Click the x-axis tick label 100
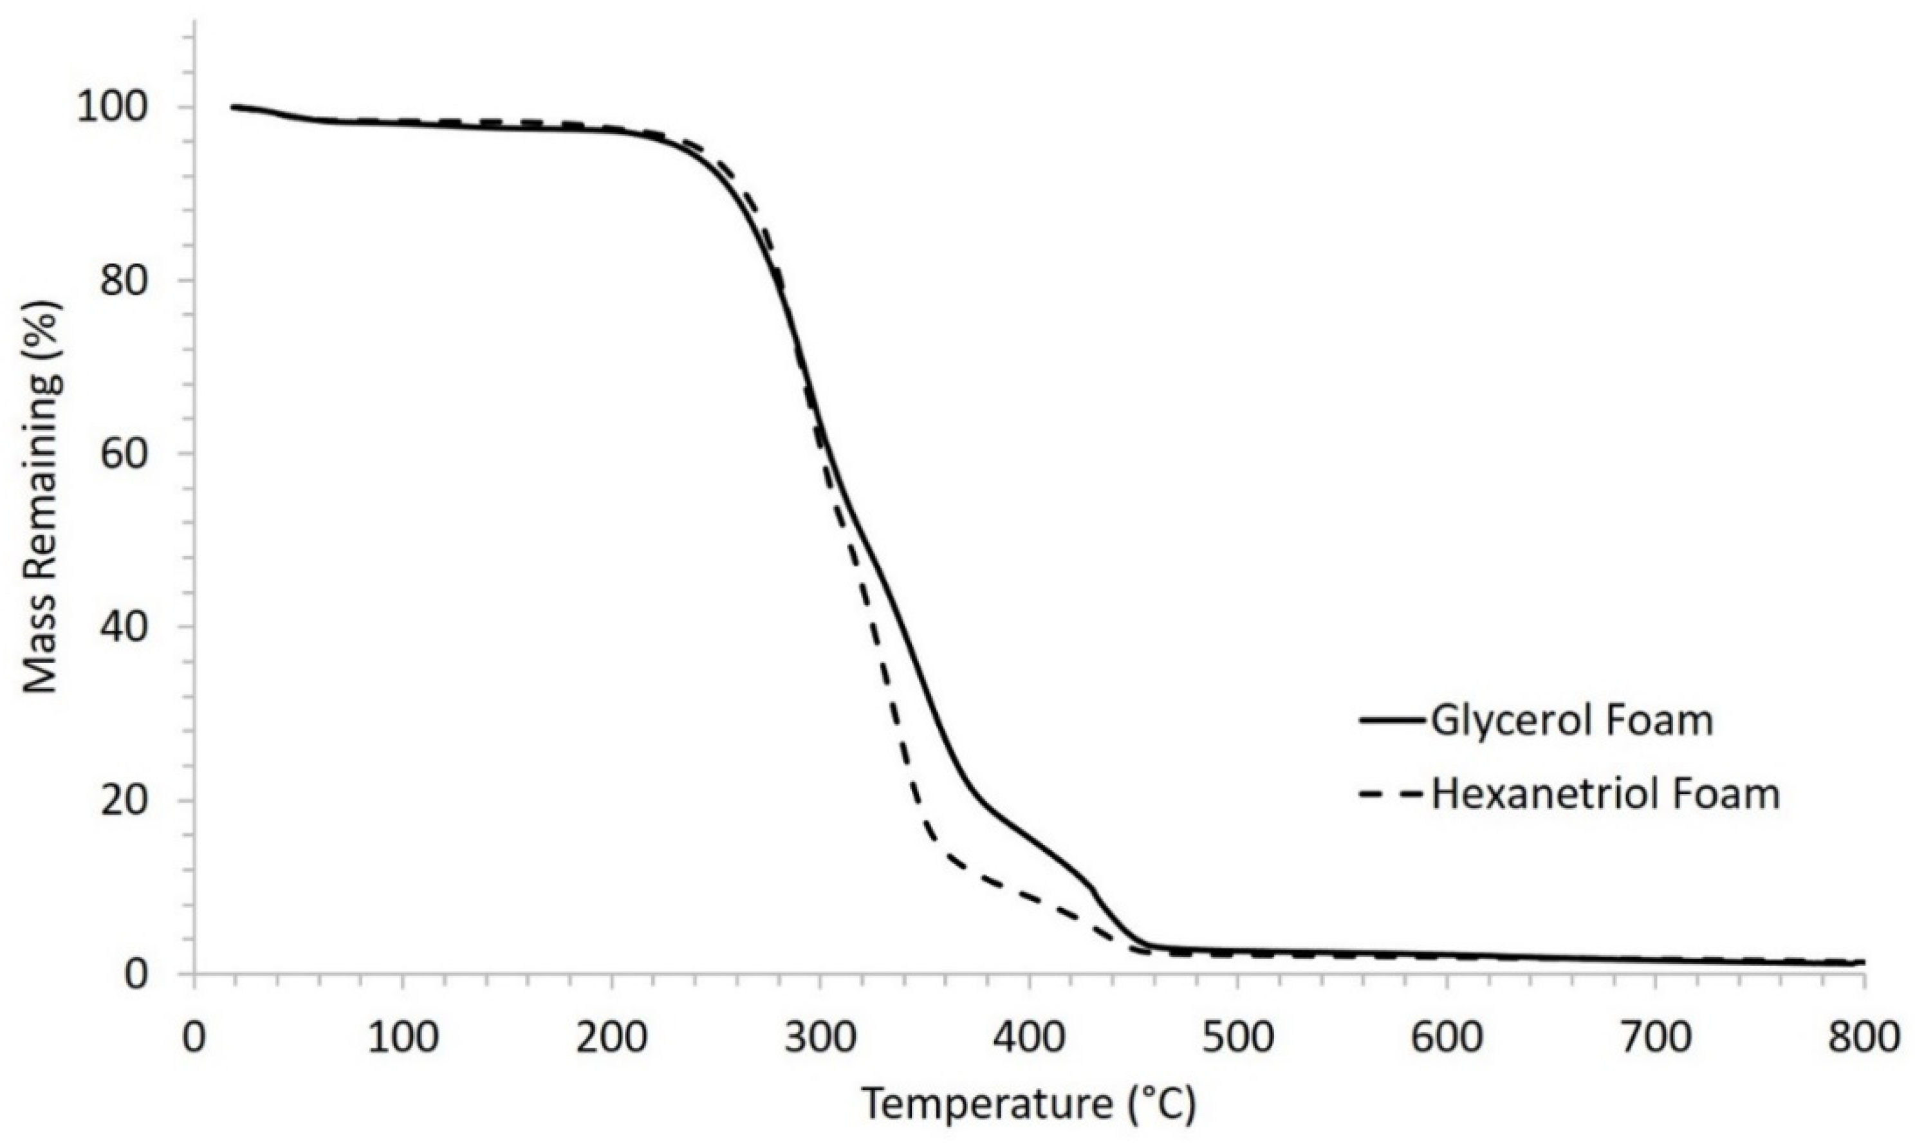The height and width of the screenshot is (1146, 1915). click(x=402, y=1038)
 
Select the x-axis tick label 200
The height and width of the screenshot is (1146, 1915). click(x=611, y=1038)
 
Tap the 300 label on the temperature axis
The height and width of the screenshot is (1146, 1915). click(x=820, y=1038)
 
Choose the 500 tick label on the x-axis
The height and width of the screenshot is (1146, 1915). click(x=1238, y=1038)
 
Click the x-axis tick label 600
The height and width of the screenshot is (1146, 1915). click(x=1447, y=1038)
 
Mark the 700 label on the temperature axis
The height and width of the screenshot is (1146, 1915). click(x=1656, y=1038)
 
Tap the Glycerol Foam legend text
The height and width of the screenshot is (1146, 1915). click(x=1571, y=721)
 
